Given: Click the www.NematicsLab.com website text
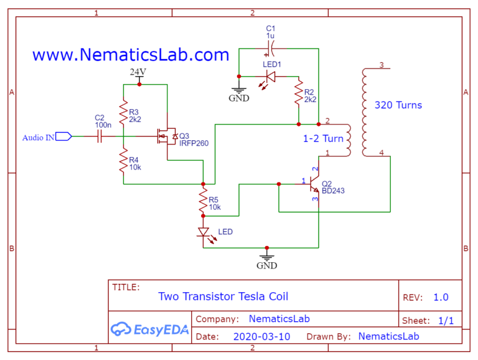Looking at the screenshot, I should (x=131, y=55).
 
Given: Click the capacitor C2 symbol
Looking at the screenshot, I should (x=100, y=136).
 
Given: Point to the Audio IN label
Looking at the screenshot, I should (x=38, y=137).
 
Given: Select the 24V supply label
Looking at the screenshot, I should (x=138, y=72).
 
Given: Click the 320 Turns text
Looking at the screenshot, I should (x=398, y=105).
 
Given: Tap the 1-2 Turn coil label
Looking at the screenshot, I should (x=323, y=138).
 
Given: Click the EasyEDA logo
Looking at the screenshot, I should (x=149, y=329).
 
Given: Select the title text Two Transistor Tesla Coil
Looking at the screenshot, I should (x=223, y=296).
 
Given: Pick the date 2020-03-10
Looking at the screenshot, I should (x=261, y=336).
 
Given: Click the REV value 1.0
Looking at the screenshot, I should (x=440, y=297).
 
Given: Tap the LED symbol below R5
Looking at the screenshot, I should (x=204, y=232).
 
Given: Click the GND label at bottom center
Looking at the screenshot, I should (x=267, y=265).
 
